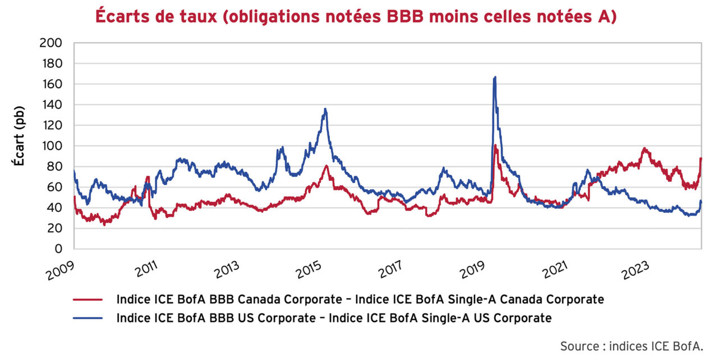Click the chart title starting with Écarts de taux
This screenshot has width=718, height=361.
356,16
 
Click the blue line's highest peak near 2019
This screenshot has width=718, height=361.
495,77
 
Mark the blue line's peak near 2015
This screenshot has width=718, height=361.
325,109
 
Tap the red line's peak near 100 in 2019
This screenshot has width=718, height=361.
495,145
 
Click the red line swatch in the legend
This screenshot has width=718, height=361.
88,300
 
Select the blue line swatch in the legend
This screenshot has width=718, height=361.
88,318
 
